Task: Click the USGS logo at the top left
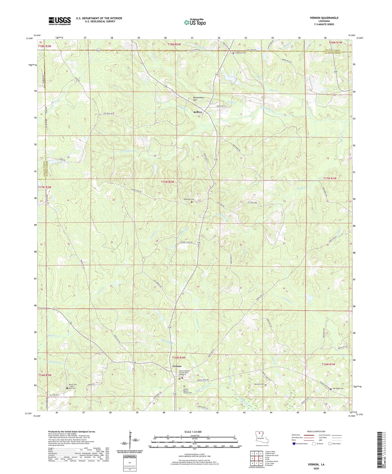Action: coord(60,21)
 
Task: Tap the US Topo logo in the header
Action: coord(195,22)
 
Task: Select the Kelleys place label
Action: coord(198,112)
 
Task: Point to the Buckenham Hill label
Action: coord(198,99)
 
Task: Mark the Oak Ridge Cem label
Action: coord(339,389)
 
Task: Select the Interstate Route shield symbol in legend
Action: coord(294,444)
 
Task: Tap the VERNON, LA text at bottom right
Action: coord(316,464)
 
